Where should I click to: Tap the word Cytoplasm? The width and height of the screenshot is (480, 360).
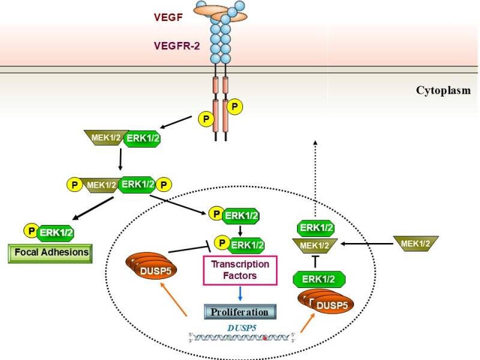[x=443, y=91]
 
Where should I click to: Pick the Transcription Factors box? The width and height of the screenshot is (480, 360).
[x=240, y=269]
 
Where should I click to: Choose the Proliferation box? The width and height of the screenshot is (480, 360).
[x=240, y=312]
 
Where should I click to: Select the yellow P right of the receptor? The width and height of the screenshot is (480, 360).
[x=235, y=107]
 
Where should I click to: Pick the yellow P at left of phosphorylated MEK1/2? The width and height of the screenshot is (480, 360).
[x=74, y=184]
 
